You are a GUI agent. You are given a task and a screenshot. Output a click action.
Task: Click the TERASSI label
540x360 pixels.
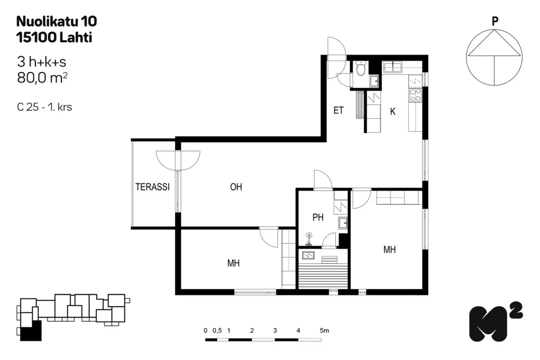click(x=153, y=187)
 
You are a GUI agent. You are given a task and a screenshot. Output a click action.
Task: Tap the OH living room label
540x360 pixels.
click(x=236, y=187)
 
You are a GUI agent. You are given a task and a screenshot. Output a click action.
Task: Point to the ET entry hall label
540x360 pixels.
click(x=338, y=110)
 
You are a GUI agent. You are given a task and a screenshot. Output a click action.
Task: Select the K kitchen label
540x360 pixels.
click(x=393, y=112)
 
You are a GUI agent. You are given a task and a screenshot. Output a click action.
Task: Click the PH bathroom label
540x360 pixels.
click(x=318, y=217)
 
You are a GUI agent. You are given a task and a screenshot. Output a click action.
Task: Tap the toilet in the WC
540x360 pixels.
click(x=360, y=68)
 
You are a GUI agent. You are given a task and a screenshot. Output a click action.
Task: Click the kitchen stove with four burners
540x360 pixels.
click(x=415, y=95)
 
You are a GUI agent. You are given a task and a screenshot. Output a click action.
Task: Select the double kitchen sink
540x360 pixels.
click(x=393, y=67)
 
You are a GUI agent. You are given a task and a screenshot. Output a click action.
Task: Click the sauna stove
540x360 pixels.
click(x=308, y=255)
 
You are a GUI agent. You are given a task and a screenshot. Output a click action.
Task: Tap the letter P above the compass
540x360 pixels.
click(x=495, y=21)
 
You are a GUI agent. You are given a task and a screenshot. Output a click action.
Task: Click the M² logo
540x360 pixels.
click(x=496, y=321)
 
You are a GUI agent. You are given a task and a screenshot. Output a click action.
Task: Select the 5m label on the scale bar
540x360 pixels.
click(x=324, y=330)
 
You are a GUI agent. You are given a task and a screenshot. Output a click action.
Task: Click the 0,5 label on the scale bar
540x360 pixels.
click(x=217, y=330)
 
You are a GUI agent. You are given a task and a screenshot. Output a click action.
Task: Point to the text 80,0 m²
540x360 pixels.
click(x=42, y=78)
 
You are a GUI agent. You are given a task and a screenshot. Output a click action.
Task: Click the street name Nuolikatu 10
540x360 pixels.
click(x=57, y=21)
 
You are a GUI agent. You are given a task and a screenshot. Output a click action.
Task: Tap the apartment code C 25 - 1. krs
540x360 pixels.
click(x=45, y=107)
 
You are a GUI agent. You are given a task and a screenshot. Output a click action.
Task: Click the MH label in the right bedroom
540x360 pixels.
click(x=390, y=250)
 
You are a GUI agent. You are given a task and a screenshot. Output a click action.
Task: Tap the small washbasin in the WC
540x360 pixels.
click(x=374, y=81)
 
